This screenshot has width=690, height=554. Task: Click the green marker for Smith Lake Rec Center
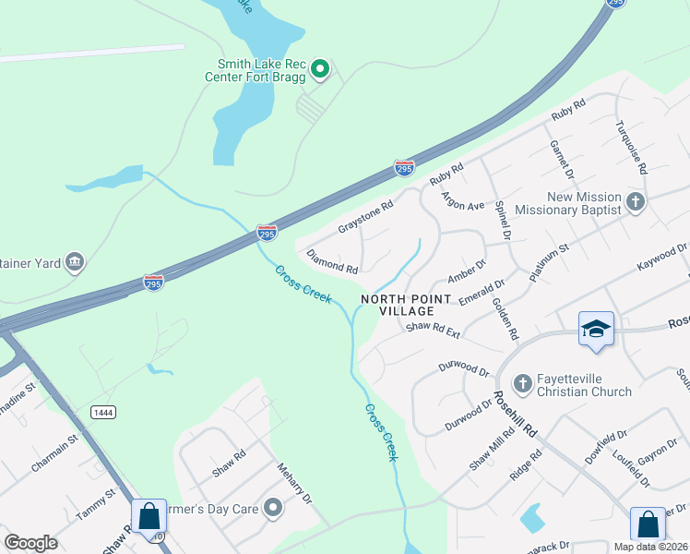(x=320, y=69)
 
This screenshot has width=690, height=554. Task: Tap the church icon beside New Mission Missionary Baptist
(x=635, y=202)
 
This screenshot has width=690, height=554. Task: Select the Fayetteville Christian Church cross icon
(x=521, y=382)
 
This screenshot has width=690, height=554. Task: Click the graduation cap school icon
(x=595, y=330)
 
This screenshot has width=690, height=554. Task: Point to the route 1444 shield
(x=103, y=413)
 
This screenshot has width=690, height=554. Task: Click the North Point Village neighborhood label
(x=406, y=305)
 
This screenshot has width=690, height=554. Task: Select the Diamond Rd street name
(x=332, y=262)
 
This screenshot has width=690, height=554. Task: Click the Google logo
(x=31, y=543)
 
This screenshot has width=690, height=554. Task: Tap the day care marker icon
(x=272, y=507)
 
